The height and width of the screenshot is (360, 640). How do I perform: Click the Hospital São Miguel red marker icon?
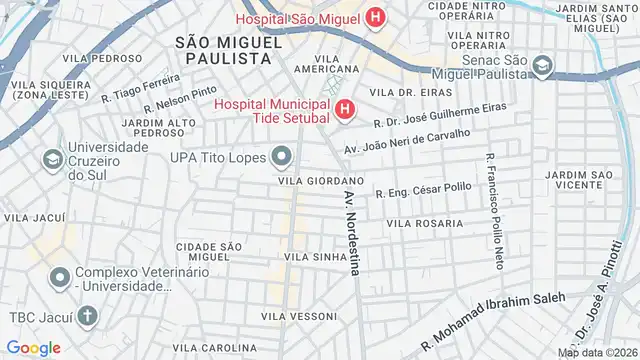point(375,16)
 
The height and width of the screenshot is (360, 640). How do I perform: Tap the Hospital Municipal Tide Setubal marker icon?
point(345,110)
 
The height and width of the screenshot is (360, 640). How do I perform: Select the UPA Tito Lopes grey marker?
point(283,155)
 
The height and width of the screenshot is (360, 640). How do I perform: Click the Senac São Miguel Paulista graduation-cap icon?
point(542,66)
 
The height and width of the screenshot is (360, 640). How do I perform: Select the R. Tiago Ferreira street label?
point(140,85)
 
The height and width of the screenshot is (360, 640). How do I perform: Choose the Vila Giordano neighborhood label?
point(311,181)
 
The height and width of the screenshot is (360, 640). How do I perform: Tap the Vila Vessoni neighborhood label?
point(298,316)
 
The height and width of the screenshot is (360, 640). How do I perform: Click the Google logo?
point(33,347)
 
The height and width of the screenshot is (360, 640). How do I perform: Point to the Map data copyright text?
point(596,352)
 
